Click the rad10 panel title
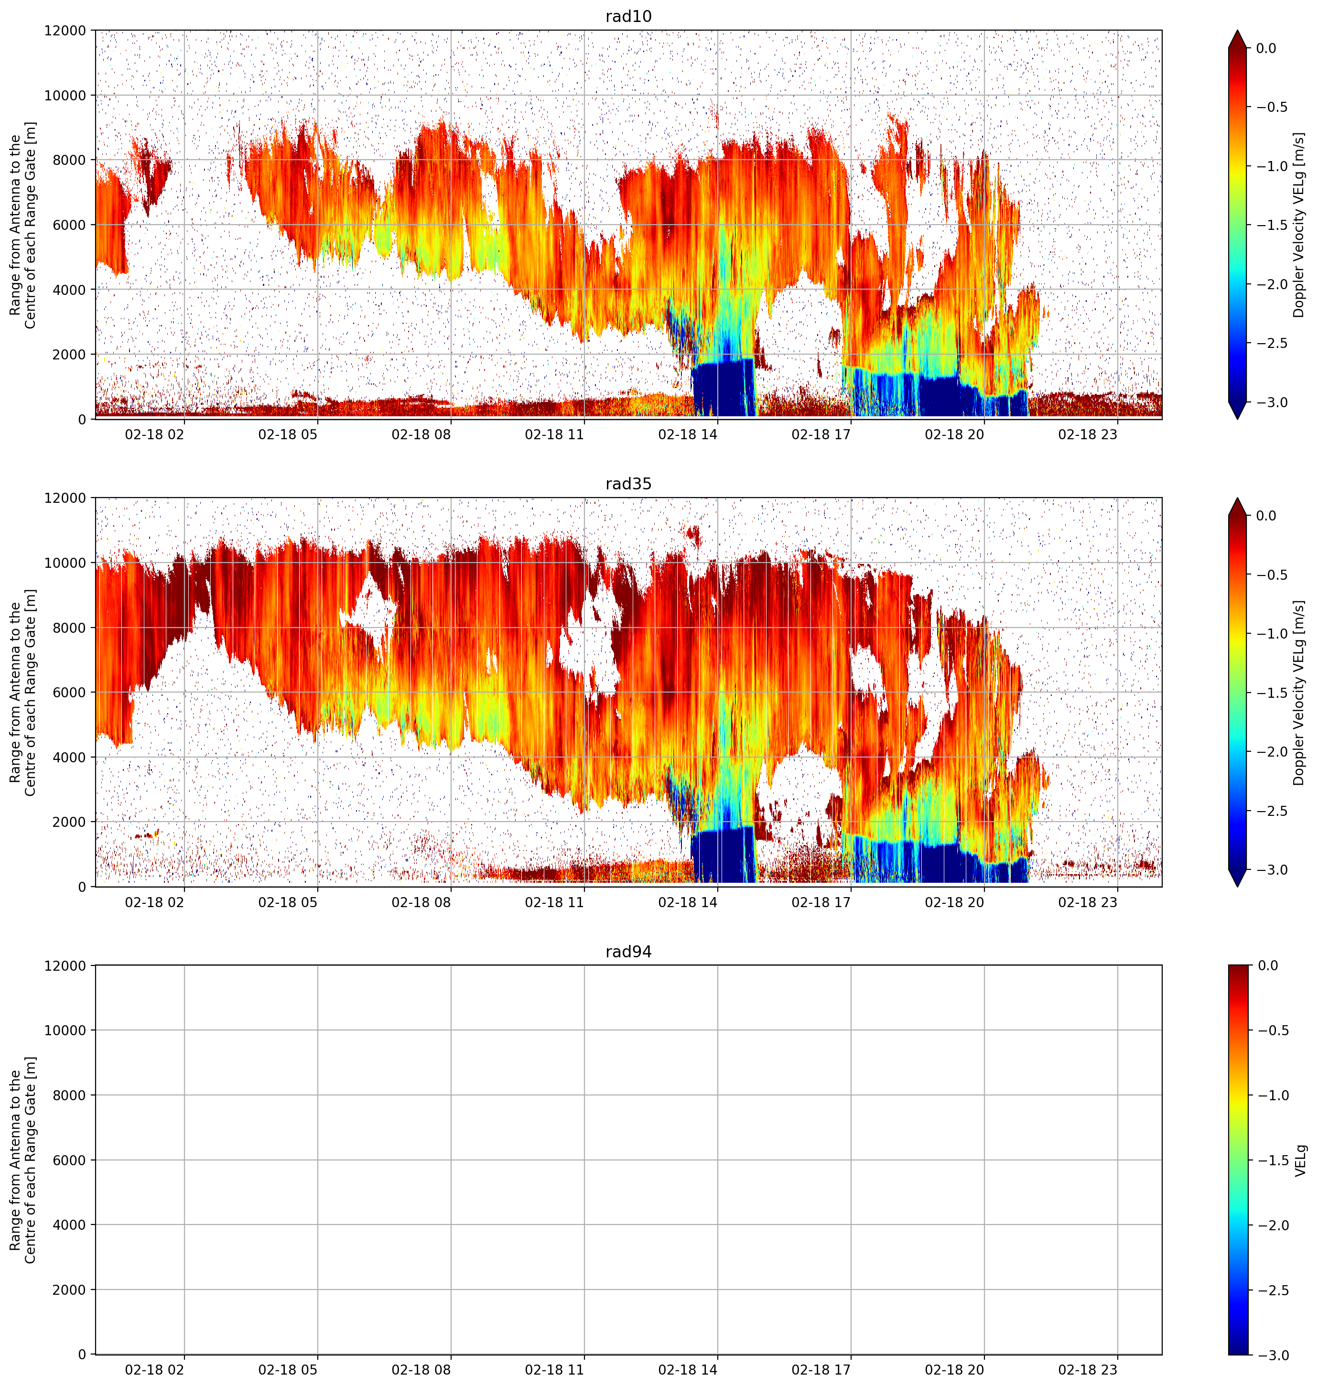coord(628,16)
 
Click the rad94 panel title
coord(628,952)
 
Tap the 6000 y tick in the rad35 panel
coord(70,692)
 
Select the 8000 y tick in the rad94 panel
coord(70,1094)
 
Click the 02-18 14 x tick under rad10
coord(688,434)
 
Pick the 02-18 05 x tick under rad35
coord(288,901)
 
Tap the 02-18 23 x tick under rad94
coord(1088,1369)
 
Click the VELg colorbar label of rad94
coord(1300,1160)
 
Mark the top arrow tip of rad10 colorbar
coord(1237,30)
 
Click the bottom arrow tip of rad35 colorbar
coord(1237,887)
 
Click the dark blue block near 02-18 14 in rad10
coord(724,389)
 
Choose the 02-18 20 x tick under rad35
coord(954,901)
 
